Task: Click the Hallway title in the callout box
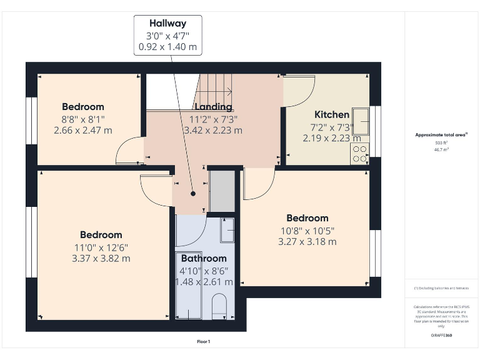click(168, 22)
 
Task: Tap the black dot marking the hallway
click(194, 193)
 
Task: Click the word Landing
click(213, 107)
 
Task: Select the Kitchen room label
click(331, 114)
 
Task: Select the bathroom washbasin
click(227, 231)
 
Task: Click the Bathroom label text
click(204, 258)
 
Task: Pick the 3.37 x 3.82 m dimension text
click(101, 258)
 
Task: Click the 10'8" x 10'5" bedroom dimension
click(307, 230)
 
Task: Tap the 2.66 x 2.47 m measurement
click(83, 130)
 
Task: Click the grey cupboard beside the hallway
click(221, 191)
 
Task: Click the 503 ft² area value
click(441, 143)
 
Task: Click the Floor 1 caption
click(204, 342)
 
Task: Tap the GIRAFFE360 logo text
click(441, 336)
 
